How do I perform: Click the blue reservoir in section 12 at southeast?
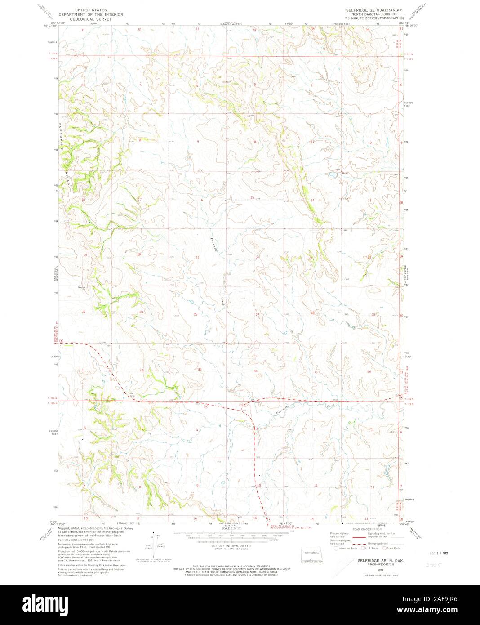click(x=386, y=472)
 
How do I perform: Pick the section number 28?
click(x=196, y=314)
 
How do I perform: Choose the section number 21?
click(x=197, y=257)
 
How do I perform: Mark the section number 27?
click(x=257, y=314)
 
